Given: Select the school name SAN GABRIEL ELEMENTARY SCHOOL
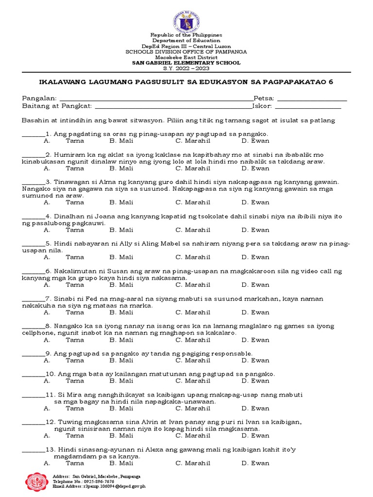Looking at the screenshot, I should coord(186,63).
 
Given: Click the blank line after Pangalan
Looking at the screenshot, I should coord(155,99).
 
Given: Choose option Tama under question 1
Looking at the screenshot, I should coord(75,141).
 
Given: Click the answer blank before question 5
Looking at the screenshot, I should coord(33,244).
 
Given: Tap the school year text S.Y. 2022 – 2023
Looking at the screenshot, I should coord(186,68).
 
